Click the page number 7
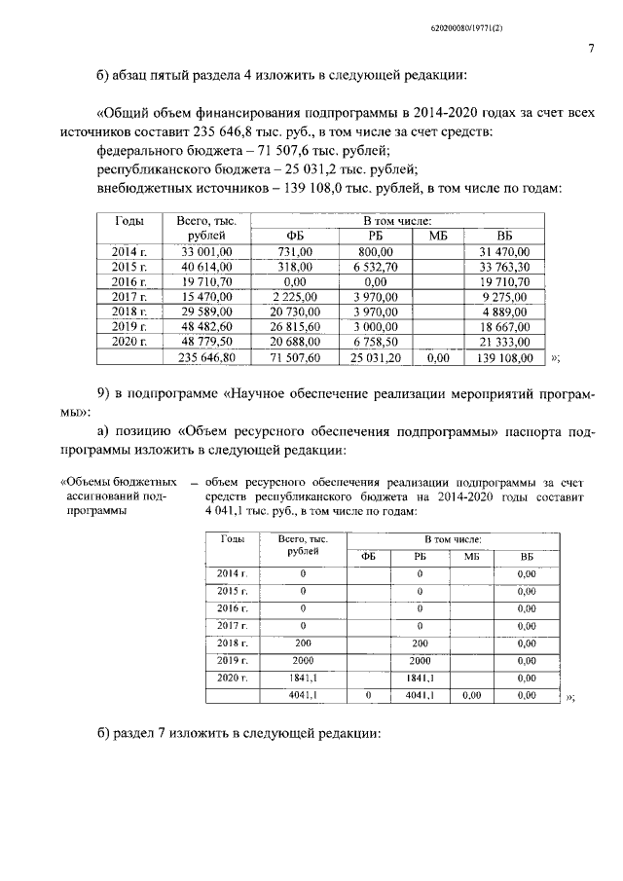[591, 50]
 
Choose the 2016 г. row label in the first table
[128, 281]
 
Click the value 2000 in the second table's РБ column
[420, 660]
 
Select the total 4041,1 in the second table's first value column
[306, 695]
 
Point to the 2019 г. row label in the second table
[228, 660]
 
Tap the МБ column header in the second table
[473, 556]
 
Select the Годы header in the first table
[128, 222]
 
